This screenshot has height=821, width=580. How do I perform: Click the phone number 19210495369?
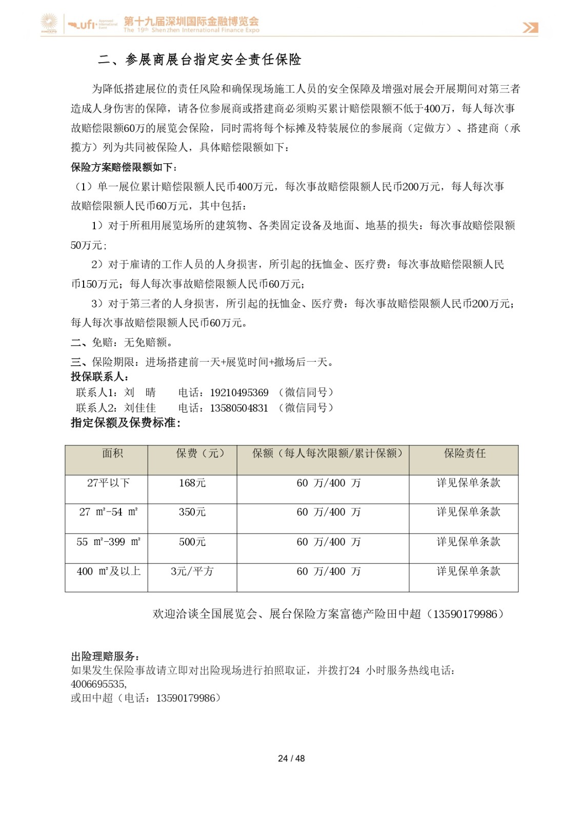(x=239, y=393)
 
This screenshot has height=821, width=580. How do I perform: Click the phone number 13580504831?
(x=239, y=408)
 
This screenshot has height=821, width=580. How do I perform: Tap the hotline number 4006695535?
(x=98, y=684)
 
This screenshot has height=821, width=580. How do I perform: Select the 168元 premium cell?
(x=192, y=483)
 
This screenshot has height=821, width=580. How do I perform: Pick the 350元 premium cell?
(x=192, y=512)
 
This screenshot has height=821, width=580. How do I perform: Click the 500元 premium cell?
(x=192, y=542)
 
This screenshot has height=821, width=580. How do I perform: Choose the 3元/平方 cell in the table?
(x=192, y=571)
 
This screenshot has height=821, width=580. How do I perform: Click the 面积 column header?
(x=112, y=453)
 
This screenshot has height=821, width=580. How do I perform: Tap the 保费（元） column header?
(x=200, y=453)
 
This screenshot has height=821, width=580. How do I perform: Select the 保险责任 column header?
(x=465, y=453)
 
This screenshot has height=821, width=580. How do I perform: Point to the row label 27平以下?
(x=108, y=483)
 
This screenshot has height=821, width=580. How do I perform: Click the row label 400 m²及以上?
(x=108, y=571)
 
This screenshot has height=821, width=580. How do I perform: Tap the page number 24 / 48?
(x=291, y=758)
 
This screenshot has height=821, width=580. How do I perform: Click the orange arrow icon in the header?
(x=530, y=27)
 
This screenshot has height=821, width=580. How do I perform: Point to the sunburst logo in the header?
(x=49, y=24)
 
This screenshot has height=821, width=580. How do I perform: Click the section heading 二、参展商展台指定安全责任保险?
(x=199, y=60)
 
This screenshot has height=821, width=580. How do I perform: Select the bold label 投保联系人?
(x=99, y=377)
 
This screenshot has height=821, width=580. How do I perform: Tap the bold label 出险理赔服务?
(x=105, y=656)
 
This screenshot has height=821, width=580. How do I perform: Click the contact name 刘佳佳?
(x=140, y=408)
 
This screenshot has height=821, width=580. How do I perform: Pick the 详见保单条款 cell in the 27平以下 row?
(x=468, y=483)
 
